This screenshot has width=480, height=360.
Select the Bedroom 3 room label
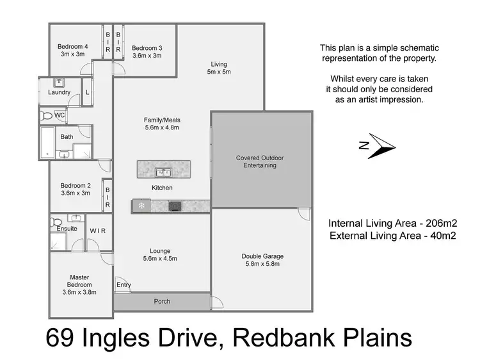[x=147, y=51]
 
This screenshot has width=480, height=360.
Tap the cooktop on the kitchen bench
[x=175, y=206]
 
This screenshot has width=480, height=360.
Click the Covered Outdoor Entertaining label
[x=260, y=161]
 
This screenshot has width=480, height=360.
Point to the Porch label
[x=162, y=301]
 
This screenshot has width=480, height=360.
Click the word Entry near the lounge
[x=124, y=285]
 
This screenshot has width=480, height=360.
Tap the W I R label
[x=98, y=231]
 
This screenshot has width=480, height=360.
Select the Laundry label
[x=59, y=92]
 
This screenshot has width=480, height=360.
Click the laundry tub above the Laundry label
[x=59, y=83]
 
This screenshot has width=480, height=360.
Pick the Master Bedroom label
[x=80, y=284]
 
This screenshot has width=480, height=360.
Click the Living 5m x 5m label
[x=220, y=67]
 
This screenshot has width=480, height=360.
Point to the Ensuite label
[x=67, y=229]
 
